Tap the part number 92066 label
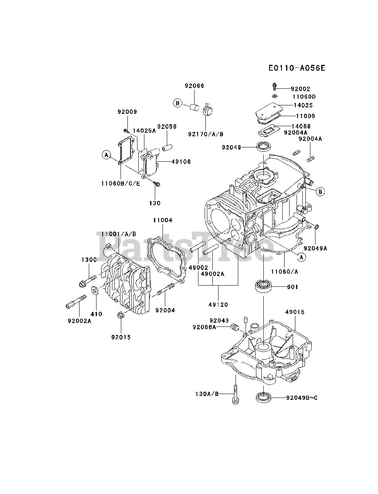(x=194, y=86)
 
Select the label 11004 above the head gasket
(x=162, y=220)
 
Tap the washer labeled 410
(x=94, y=290)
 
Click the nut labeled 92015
(x=120, y=315)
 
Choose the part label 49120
(x=218, y=305)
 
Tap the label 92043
(x=219, y=320)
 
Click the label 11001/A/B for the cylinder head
(x=119, y=234)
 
